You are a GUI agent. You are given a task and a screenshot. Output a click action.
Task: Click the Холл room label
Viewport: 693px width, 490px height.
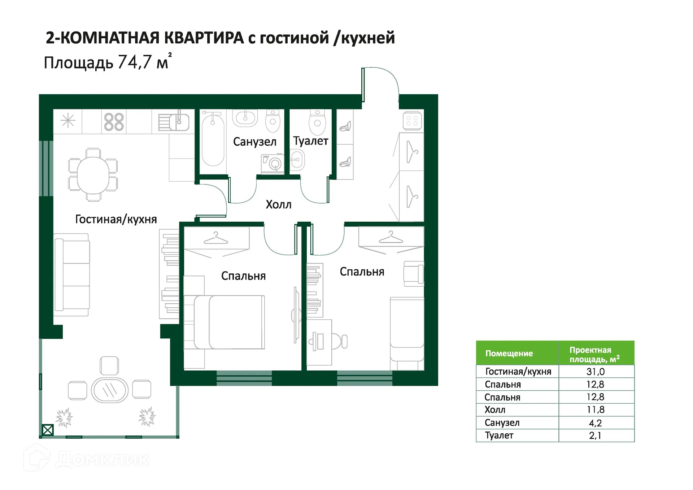point(278,204)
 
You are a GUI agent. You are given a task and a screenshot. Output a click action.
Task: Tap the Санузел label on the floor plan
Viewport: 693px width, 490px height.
point(254,142)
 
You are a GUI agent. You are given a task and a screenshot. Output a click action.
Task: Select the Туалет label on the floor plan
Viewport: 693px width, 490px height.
point(310,141)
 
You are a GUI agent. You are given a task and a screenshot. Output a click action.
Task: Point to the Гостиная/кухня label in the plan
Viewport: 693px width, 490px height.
point(116,219)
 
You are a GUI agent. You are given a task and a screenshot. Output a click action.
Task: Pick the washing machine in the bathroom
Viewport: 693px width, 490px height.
point(273,164)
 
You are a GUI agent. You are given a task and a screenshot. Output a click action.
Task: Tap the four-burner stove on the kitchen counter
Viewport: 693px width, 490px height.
point(114,122)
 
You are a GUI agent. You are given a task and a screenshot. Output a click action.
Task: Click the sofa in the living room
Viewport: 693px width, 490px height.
point(71,274)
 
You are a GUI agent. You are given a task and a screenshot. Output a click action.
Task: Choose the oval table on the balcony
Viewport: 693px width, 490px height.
point(109,390)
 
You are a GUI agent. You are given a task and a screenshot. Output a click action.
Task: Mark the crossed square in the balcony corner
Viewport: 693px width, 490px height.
point(48,430)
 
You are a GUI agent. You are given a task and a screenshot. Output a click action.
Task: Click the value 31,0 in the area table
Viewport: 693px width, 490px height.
point(595,372)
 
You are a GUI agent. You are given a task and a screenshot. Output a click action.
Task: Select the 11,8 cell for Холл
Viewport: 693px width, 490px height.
point(595,410)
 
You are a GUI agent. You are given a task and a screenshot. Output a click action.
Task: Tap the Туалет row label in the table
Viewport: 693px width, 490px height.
point(499,435)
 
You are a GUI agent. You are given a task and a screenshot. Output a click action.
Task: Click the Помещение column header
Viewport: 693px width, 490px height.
point(509,354)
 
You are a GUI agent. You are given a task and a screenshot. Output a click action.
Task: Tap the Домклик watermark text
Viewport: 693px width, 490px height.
point(103,459)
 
